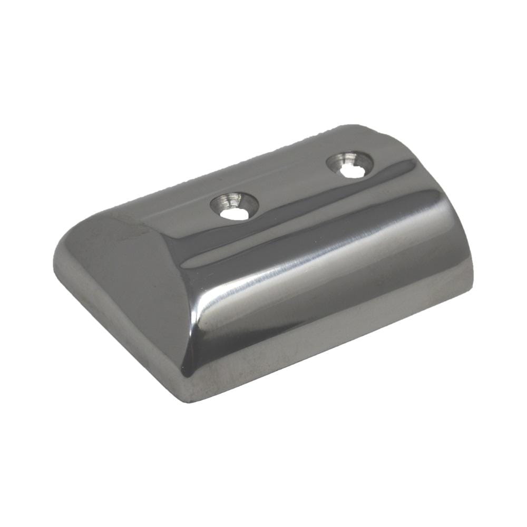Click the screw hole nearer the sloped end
[x=235, y=206]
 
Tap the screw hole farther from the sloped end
[x=350, y=164]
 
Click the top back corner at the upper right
[x=364, y=127]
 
